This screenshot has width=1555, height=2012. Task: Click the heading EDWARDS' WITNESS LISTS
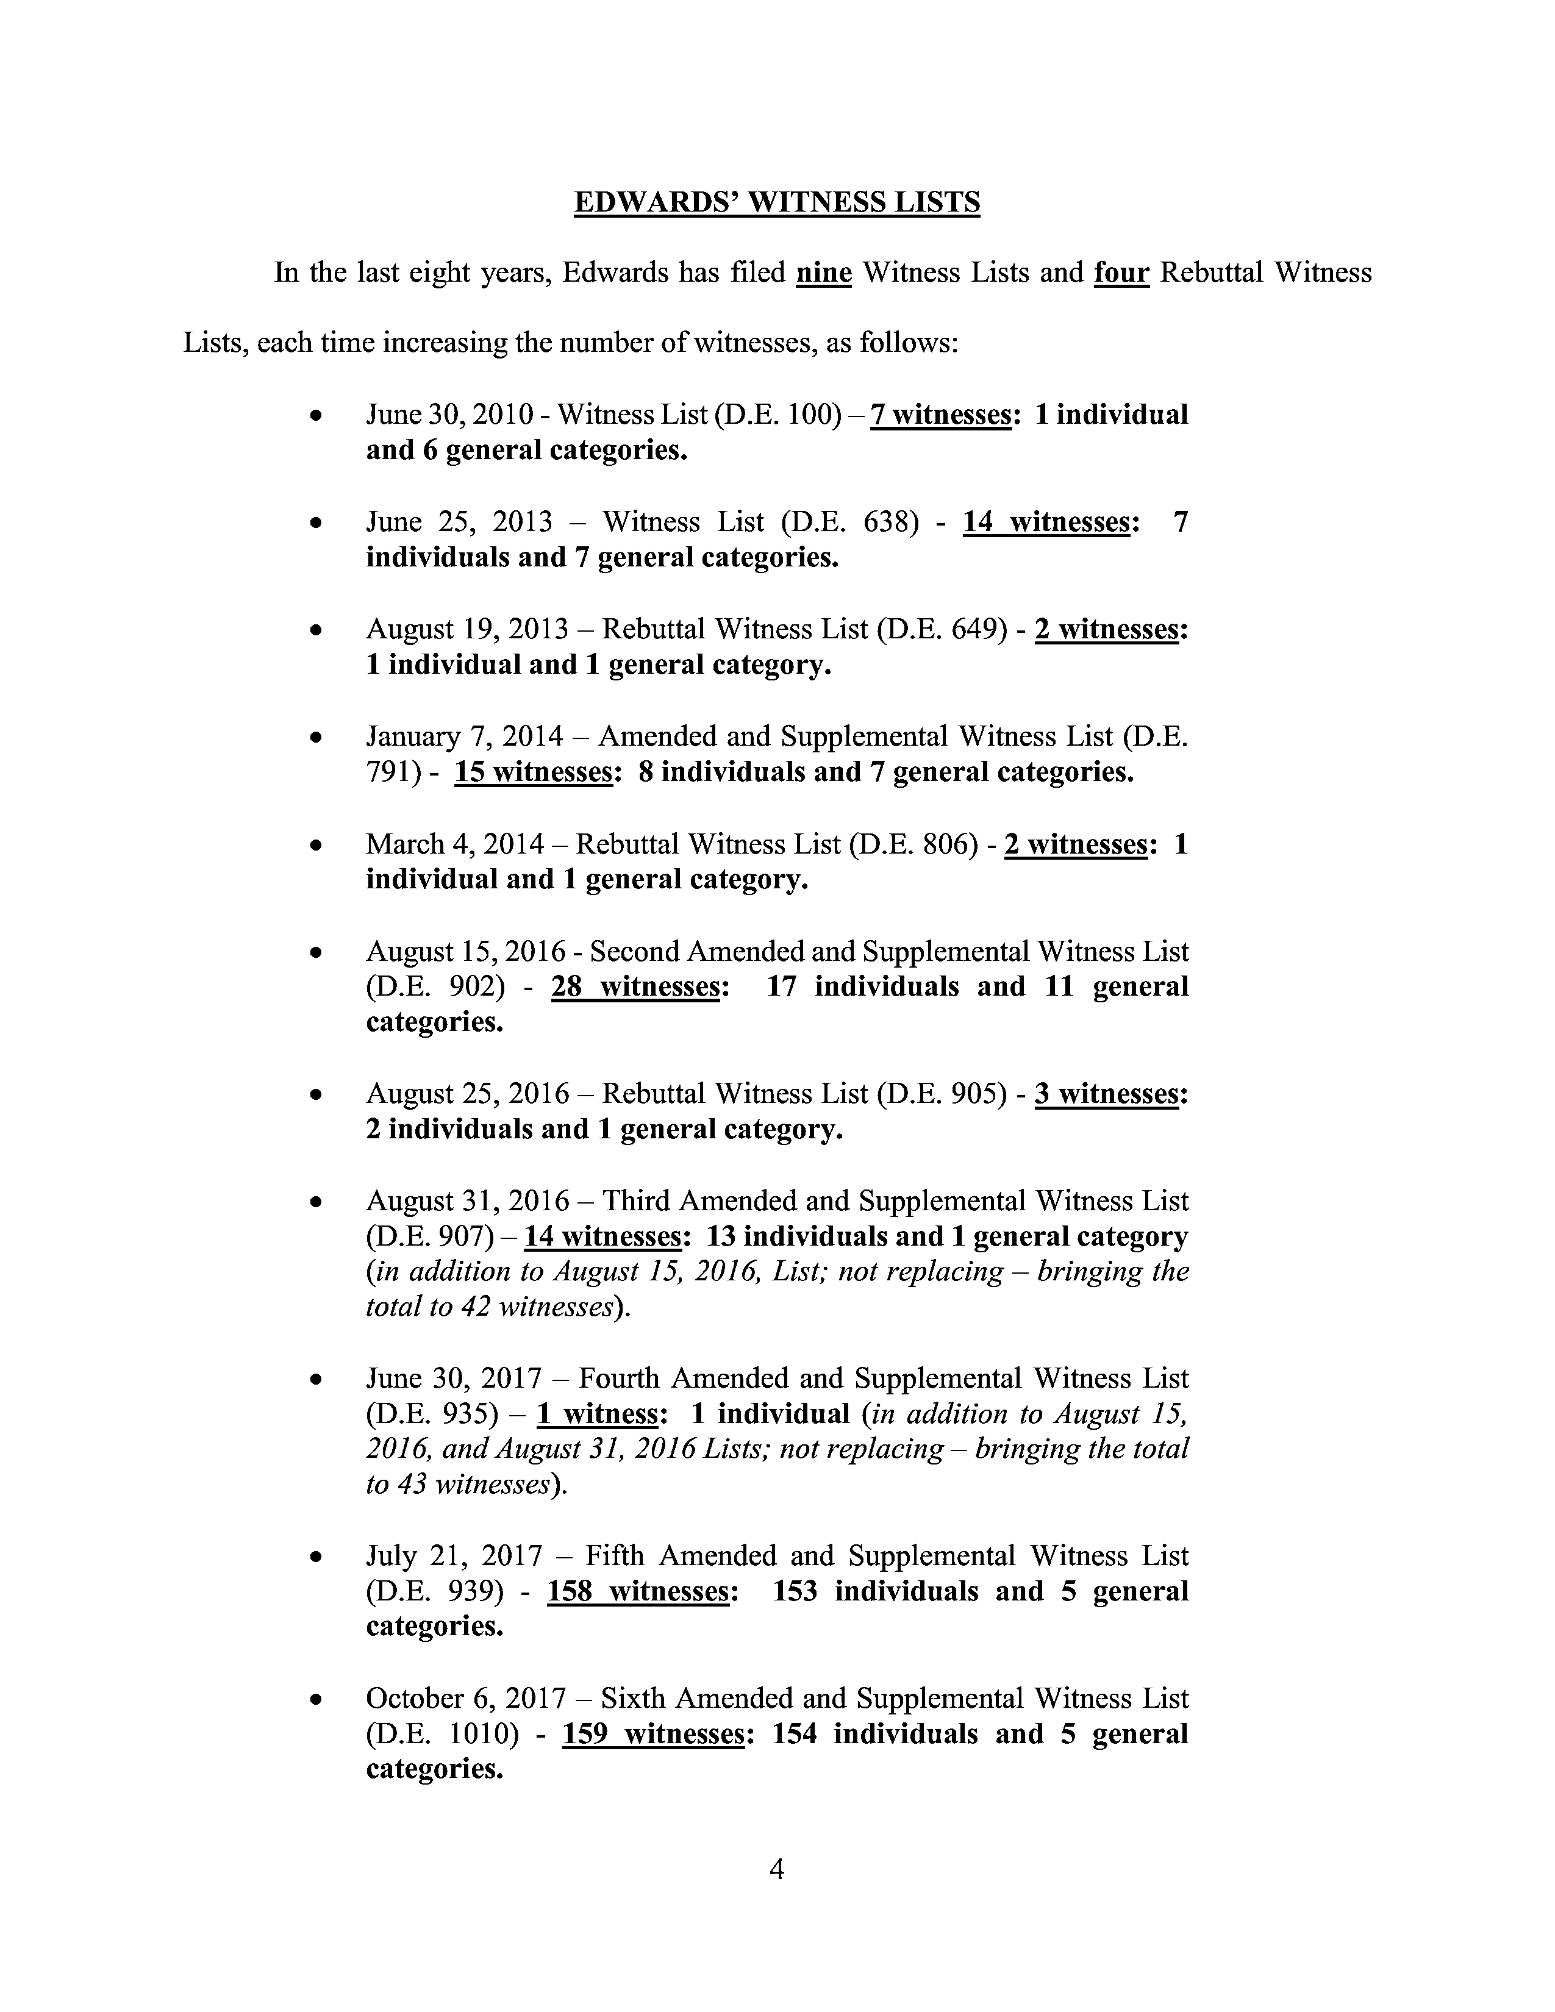click(x=776, y=202)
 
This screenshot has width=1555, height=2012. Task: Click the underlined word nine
click(x=824, y=273)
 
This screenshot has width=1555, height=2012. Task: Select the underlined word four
click(x=1121, y=273)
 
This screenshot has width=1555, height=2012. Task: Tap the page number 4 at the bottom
click(x=776, y=1869)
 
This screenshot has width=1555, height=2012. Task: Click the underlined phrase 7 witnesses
click(x=940, y=415)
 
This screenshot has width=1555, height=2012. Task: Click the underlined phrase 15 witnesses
click(x=534, y=772)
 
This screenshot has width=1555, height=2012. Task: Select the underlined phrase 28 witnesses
click(x=635, y=986)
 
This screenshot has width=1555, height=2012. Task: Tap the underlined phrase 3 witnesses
click(x=1106, y=1094)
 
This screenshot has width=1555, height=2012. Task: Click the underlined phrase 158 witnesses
click(x=638, y=1591)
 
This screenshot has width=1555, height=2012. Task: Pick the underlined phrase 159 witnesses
click(x=653, y=1734)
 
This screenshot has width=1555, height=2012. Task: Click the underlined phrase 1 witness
click(x=597, y=1414)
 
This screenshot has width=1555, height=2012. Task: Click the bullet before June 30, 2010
click(x=316, y=416)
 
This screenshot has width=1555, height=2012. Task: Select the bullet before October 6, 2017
click(x=316, y=1700)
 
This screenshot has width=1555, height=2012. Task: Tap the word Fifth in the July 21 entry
click(x=615, y=1556)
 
